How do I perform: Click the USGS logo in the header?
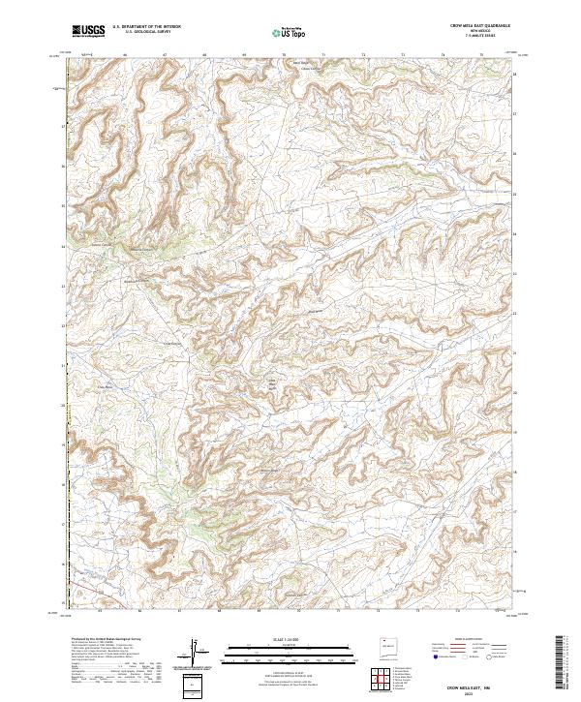coord(89,31)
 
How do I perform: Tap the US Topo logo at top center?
coord(290,32)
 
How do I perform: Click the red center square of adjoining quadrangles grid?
coord(382,681)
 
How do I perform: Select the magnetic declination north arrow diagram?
coord(195,651)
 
